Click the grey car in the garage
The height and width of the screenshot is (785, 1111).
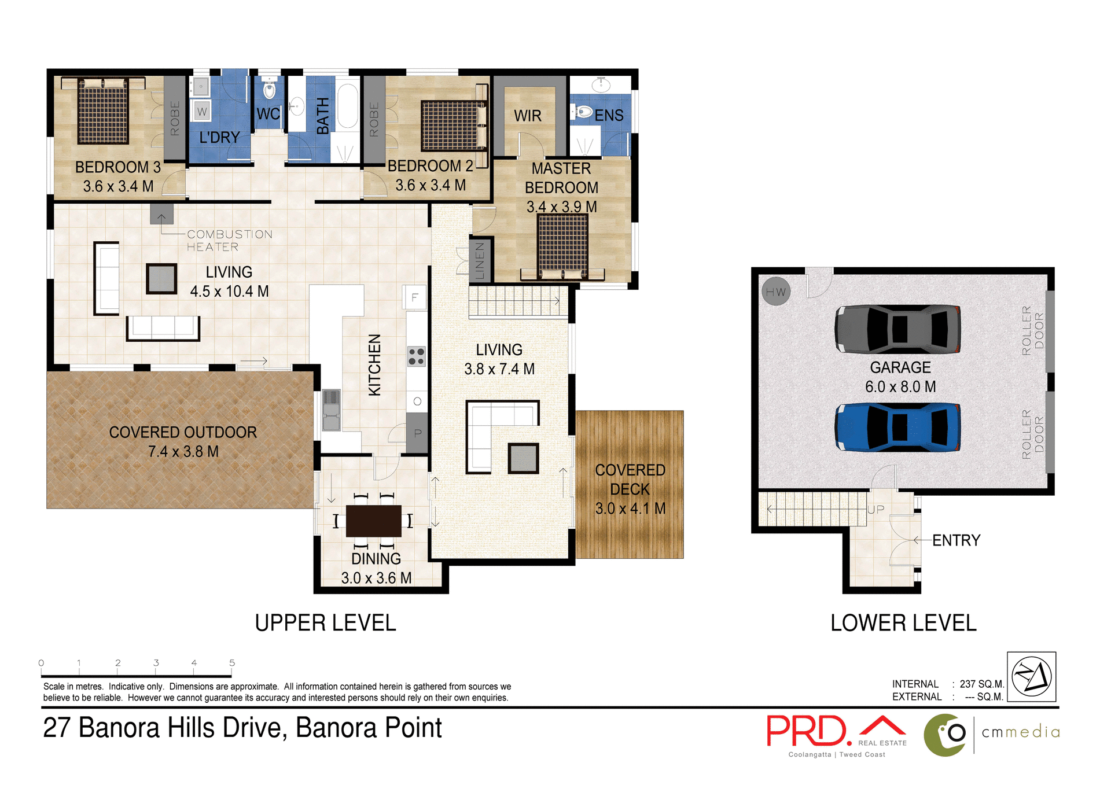(897, 329)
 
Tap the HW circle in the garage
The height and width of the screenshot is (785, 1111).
(776, 292)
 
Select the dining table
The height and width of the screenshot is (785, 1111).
(374, 521)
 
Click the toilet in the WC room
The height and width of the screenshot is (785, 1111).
(269, 90)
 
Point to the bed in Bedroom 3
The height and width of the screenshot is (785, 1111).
(103, 111)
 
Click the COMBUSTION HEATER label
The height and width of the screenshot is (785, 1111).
(229, 240)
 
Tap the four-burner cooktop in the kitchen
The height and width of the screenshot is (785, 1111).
(416, 356)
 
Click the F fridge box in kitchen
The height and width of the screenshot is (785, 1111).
(414, 298)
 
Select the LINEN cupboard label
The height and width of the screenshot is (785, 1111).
(480, 261)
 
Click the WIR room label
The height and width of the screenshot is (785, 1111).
(528, 116)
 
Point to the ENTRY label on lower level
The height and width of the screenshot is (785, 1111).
(956, 540)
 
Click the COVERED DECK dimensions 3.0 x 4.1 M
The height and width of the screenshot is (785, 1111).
(630, 508)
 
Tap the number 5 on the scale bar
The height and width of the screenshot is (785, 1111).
(232, 663)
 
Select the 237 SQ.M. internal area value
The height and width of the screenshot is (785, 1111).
(981, 684)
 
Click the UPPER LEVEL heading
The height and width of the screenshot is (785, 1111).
(325, 623)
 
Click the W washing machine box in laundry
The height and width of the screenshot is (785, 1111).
(201, 111)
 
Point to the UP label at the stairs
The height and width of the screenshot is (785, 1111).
(875, 509)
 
